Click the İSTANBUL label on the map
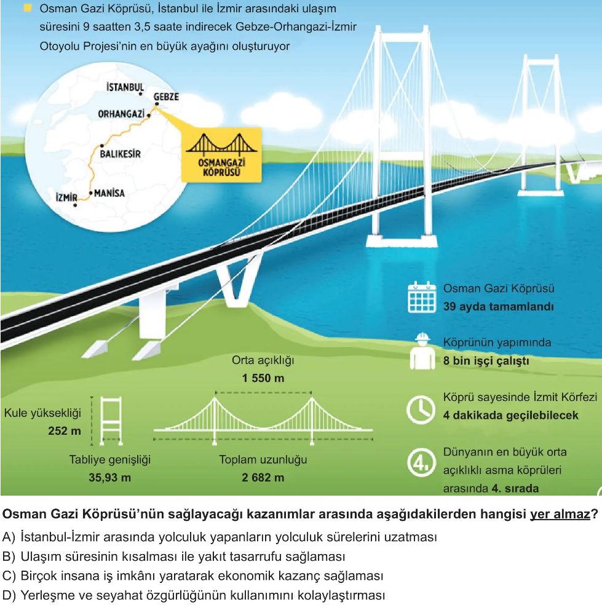[125, 87]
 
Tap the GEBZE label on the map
[166, 97]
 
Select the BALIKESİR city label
[121, 154]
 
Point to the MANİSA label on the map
[109, 193]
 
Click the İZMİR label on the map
[66, 197]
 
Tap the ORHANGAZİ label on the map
[121, 114]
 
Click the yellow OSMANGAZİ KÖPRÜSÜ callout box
[221, 155]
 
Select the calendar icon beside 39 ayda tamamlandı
[422, 297]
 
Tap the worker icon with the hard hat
[422, 351]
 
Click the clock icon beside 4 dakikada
[421, 410]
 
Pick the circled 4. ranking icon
[421, 462]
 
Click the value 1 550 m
[263, 378]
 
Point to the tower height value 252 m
[65, 430]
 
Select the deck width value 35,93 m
[109, 477]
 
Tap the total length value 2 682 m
[263, 477]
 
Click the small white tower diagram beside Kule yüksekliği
[111, 421]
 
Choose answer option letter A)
[9, 537]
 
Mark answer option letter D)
[9, 595]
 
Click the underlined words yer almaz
[560, 514]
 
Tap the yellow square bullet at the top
[28, 8]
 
